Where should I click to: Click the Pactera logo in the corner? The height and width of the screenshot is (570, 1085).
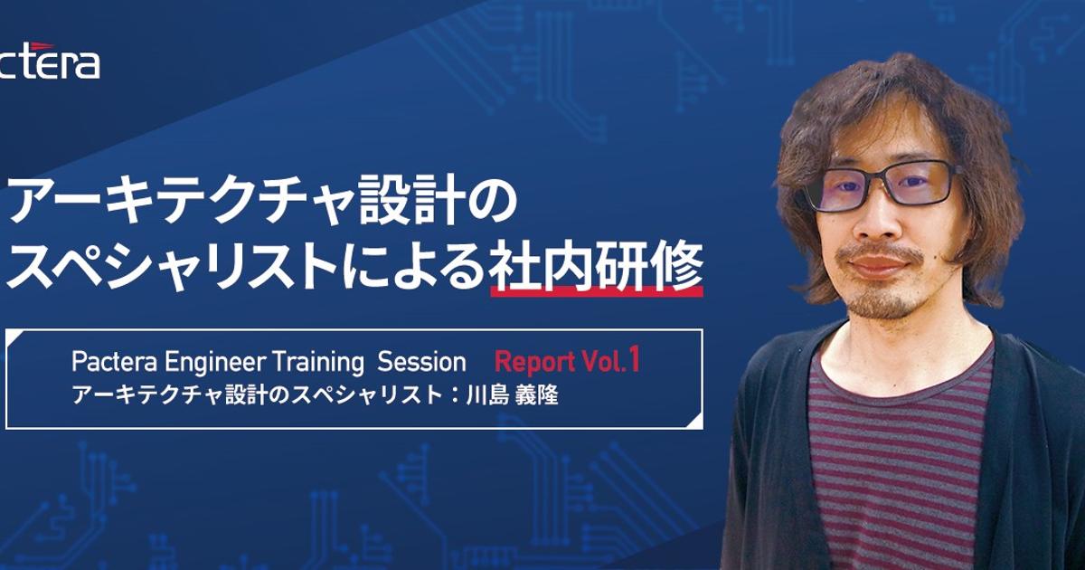click(x=49, y=62)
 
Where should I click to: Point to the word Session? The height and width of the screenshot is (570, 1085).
click(x=421, y=362)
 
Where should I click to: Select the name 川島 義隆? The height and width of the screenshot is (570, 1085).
click(x=512, y=395)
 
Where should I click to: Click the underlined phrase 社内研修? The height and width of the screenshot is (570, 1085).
click(x=596, y=267)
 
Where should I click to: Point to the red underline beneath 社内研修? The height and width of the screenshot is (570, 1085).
click(x=597, y=290)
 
